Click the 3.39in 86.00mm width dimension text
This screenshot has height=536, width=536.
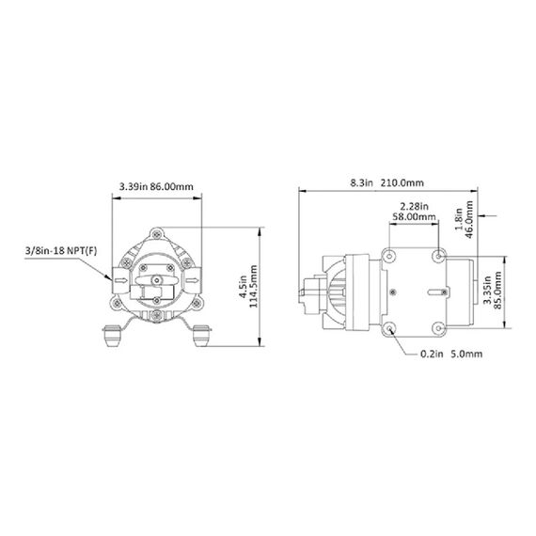pos(156,187)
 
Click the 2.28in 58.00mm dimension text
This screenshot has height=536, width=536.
pos(415,212)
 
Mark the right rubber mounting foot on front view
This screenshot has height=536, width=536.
pos(200,333)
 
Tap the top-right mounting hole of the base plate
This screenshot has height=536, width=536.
pos(441,254)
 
